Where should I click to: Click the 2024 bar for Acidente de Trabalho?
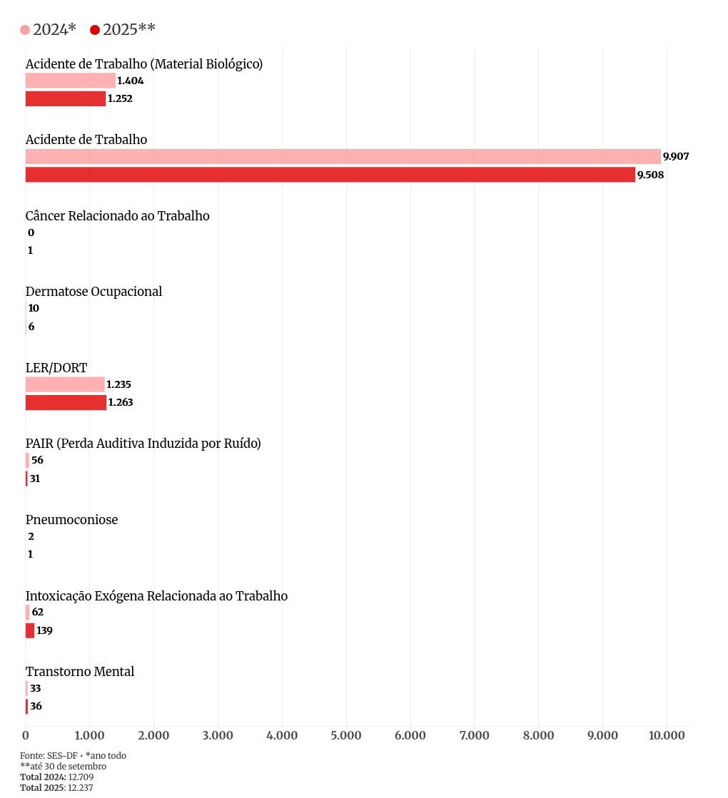[343, 156]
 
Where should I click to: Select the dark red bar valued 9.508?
[330, 175]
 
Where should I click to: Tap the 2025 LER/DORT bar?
[66, 403]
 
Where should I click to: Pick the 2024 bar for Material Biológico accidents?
[70, 81]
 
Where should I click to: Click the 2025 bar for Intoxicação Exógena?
[30, 630]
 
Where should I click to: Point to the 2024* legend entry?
[48, 29]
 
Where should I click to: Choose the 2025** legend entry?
[123, 29]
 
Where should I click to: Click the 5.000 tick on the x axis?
[345, 736]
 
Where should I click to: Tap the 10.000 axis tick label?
[667, 736]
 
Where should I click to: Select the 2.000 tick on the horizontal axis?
[153, 736]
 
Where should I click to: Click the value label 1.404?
[130, 81]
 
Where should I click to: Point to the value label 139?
[44, 630]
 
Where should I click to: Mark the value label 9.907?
[676, 157]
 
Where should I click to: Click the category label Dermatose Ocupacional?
[93, 292]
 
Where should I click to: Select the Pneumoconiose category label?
[71, 520]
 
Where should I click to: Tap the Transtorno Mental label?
[80, 672]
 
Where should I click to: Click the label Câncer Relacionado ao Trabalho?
[117, 215]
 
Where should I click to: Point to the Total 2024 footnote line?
[57, 777]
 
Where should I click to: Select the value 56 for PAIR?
[37, 460]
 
